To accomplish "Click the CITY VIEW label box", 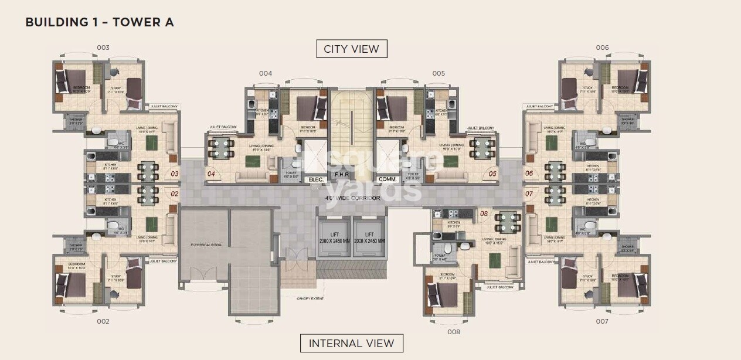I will (x=351, y=49).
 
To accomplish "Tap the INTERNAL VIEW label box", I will (x=351, y=343).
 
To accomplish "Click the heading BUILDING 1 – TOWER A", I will (x=100, y=23).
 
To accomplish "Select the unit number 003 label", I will (x=103, y=47).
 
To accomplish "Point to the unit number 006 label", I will (x=602, y=47).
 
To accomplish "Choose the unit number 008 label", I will (x=453, y=331).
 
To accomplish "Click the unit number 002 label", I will (x=103, y=321).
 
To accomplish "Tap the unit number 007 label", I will (x=602, y=321).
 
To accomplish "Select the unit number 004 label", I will (x=266, y=73).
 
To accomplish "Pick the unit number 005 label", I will (x=439, y=73).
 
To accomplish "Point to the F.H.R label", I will (x=341, y=175).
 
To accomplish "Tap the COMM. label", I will (x=387, y=179).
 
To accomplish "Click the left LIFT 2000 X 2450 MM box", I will (x=333, y=237).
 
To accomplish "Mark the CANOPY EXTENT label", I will (x=310, y=298).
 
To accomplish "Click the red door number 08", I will (x=484, y=213).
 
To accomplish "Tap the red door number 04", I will (x=211, y=174).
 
